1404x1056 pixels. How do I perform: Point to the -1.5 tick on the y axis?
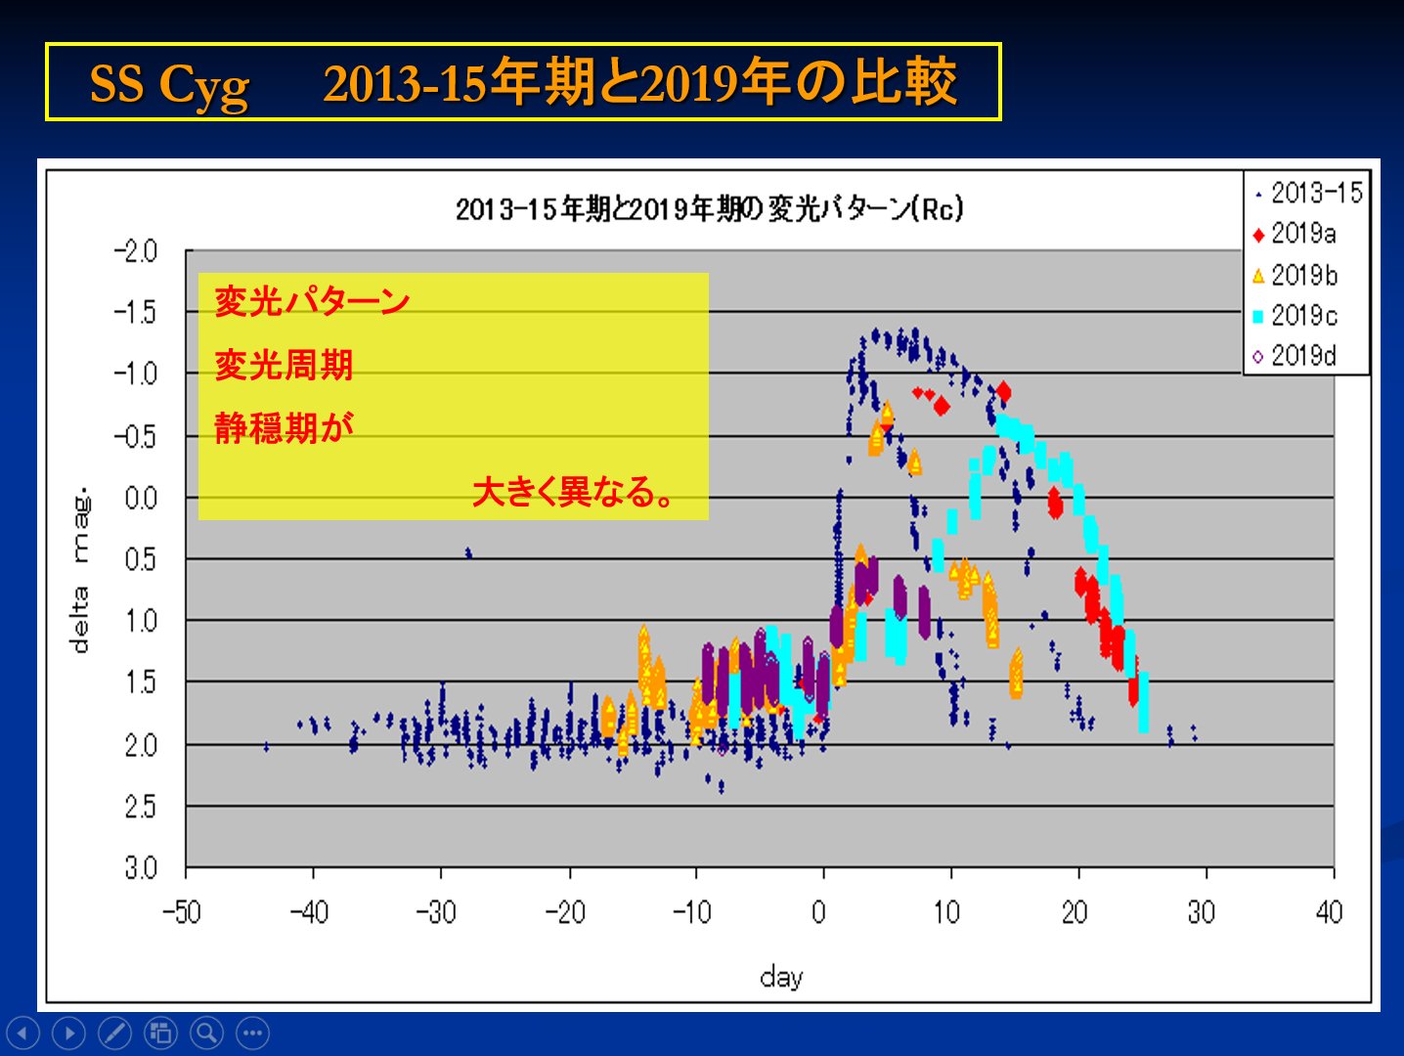point(136,313)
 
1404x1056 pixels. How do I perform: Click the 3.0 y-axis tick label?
point(141,867)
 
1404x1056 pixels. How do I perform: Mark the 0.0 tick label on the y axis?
point(141,498)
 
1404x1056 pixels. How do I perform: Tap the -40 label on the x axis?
point(310,912)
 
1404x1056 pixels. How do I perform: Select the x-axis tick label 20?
point(1075,912)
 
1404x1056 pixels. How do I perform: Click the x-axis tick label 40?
point(1329,912)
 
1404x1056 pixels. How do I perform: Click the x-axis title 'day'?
point(781,976)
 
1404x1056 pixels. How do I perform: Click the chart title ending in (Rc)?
point(709,208)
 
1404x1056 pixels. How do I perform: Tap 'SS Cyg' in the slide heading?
point(169,84)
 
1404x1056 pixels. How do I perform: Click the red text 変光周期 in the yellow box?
point(284,365)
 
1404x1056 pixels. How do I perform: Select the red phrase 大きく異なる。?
point(574,491)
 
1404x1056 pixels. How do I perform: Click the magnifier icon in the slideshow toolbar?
point(206,1033)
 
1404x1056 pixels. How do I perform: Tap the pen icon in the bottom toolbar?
point(114,1033)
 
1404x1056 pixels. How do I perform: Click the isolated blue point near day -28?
point(468,552)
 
